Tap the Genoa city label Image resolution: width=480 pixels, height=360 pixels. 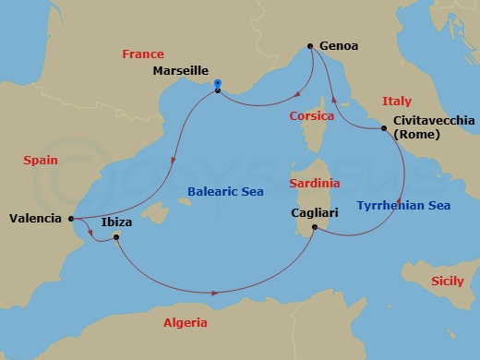339,44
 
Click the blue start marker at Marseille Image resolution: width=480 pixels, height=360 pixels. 217,84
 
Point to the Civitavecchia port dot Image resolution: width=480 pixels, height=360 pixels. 384,128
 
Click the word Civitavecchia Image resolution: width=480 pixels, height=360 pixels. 434,121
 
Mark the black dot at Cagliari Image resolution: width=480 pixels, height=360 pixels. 316,227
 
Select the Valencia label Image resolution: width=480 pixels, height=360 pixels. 35,219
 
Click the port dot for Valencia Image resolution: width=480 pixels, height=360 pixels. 71,219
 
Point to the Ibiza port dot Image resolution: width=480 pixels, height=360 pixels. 116,237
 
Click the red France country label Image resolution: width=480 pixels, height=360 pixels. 143,54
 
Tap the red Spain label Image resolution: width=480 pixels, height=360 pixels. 41,160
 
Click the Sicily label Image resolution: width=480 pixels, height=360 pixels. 450,277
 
